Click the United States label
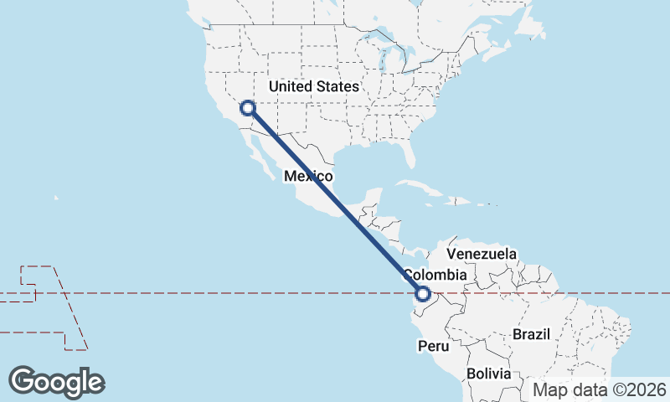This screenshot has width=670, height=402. coord(314,86)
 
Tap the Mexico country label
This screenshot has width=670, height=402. coord(309,177)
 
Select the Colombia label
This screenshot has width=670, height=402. coord(434,275)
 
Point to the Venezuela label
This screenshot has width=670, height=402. coord(482,253)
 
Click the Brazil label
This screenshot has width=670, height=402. coord(532,334)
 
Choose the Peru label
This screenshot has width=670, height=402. coord(434,346)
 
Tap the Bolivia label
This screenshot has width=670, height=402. coord(488,374)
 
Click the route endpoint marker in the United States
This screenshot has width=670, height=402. coord(248,107)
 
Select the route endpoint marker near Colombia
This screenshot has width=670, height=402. coord(423,294)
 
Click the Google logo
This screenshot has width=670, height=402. coord(56,382)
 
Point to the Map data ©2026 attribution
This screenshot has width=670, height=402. coord(600,389)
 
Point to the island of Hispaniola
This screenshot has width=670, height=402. coord(460,201)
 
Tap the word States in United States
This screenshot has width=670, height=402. coord(338,86)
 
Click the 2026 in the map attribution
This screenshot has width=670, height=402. coord(648,389)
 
